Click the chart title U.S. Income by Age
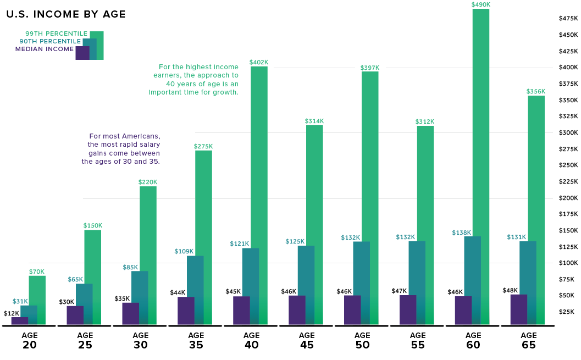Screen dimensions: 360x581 (x=66, y=14)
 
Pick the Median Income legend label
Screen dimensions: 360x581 (x=44, y=49)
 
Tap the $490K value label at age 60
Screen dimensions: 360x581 (x=480, y=4)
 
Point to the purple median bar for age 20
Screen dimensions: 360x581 (x=19, y=320)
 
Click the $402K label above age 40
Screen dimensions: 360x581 (x=259, y=62)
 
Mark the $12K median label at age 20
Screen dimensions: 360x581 (x=11, y=313)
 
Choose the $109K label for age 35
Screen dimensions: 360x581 (x=185, y=252)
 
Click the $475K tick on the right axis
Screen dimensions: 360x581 (x=568, y=19)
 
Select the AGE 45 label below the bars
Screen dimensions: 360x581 (x=307, y=340)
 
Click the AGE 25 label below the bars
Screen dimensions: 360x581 (x=85, y=340)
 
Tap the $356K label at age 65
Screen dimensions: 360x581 (x=536, y=91)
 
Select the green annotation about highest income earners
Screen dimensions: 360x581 (x=193, y=80)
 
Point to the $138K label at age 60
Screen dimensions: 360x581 (x=462, y=232)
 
